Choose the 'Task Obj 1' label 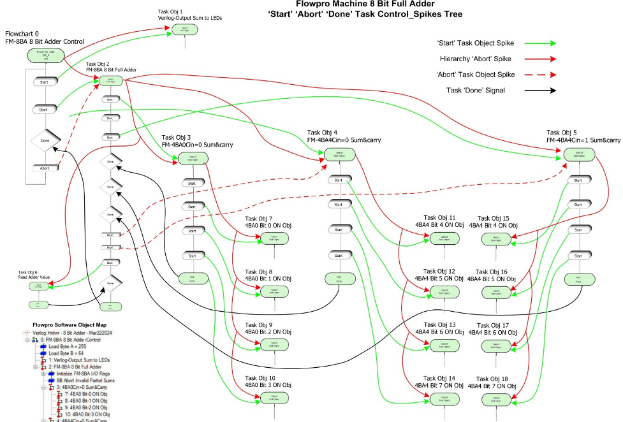coord(170,11)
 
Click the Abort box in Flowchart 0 coord(45,168)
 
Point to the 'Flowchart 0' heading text coord(22,33)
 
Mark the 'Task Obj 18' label coord(492,379)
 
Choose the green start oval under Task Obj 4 coord(339,154)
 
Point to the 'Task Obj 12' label coord(439,272)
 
